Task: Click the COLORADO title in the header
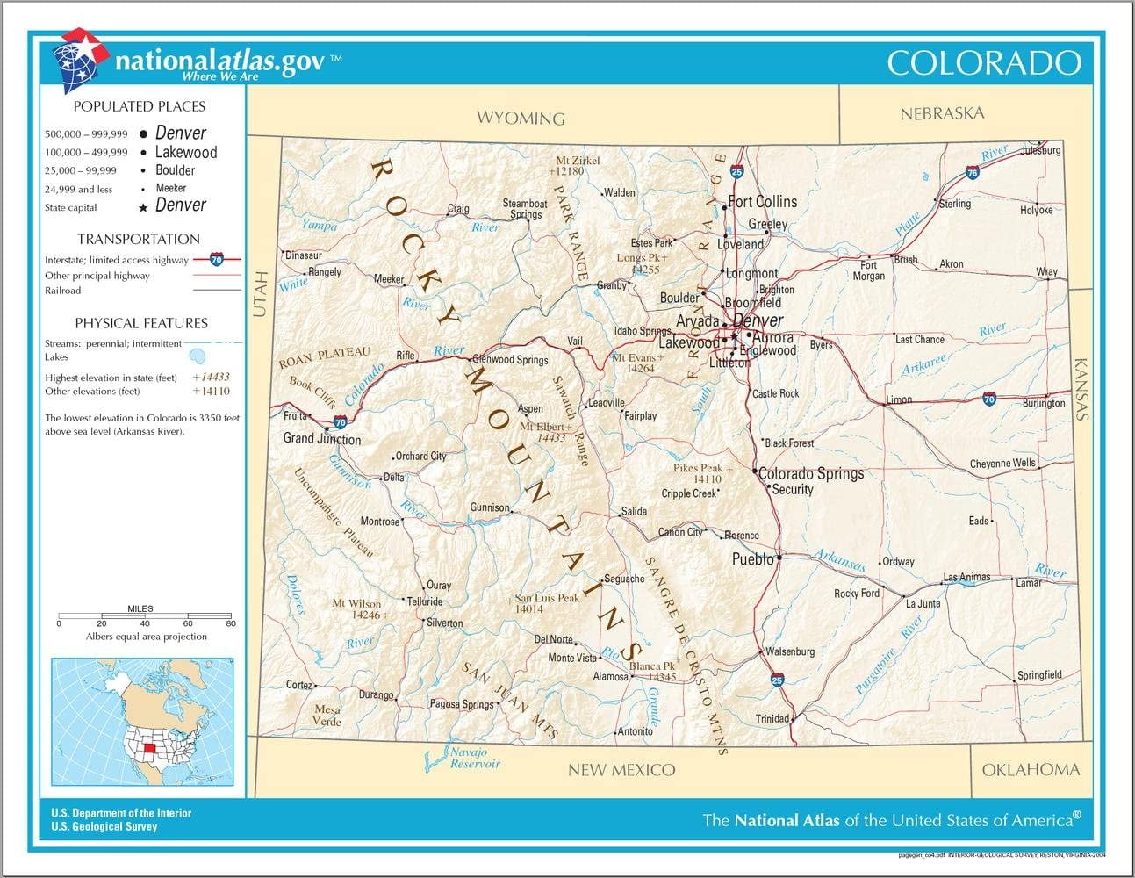tap(983, 63)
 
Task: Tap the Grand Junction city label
tap(321, 439)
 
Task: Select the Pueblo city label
tap(753, 559)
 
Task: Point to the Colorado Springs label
tap(811, 473)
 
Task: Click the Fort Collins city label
tap(763, 202)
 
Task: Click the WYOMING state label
tap(521, 118)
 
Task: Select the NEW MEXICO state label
tap(621, 770)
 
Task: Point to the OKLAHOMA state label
tap(1031, 770)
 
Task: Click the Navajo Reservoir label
tap(475, 758)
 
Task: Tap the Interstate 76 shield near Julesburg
tap(972, 173)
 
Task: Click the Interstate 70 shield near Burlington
tap(989, 399)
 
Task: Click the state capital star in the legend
tap(143, 208)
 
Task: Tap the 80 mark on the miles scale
tap(231, 623)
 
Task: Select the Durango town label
tap(376, 695)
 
